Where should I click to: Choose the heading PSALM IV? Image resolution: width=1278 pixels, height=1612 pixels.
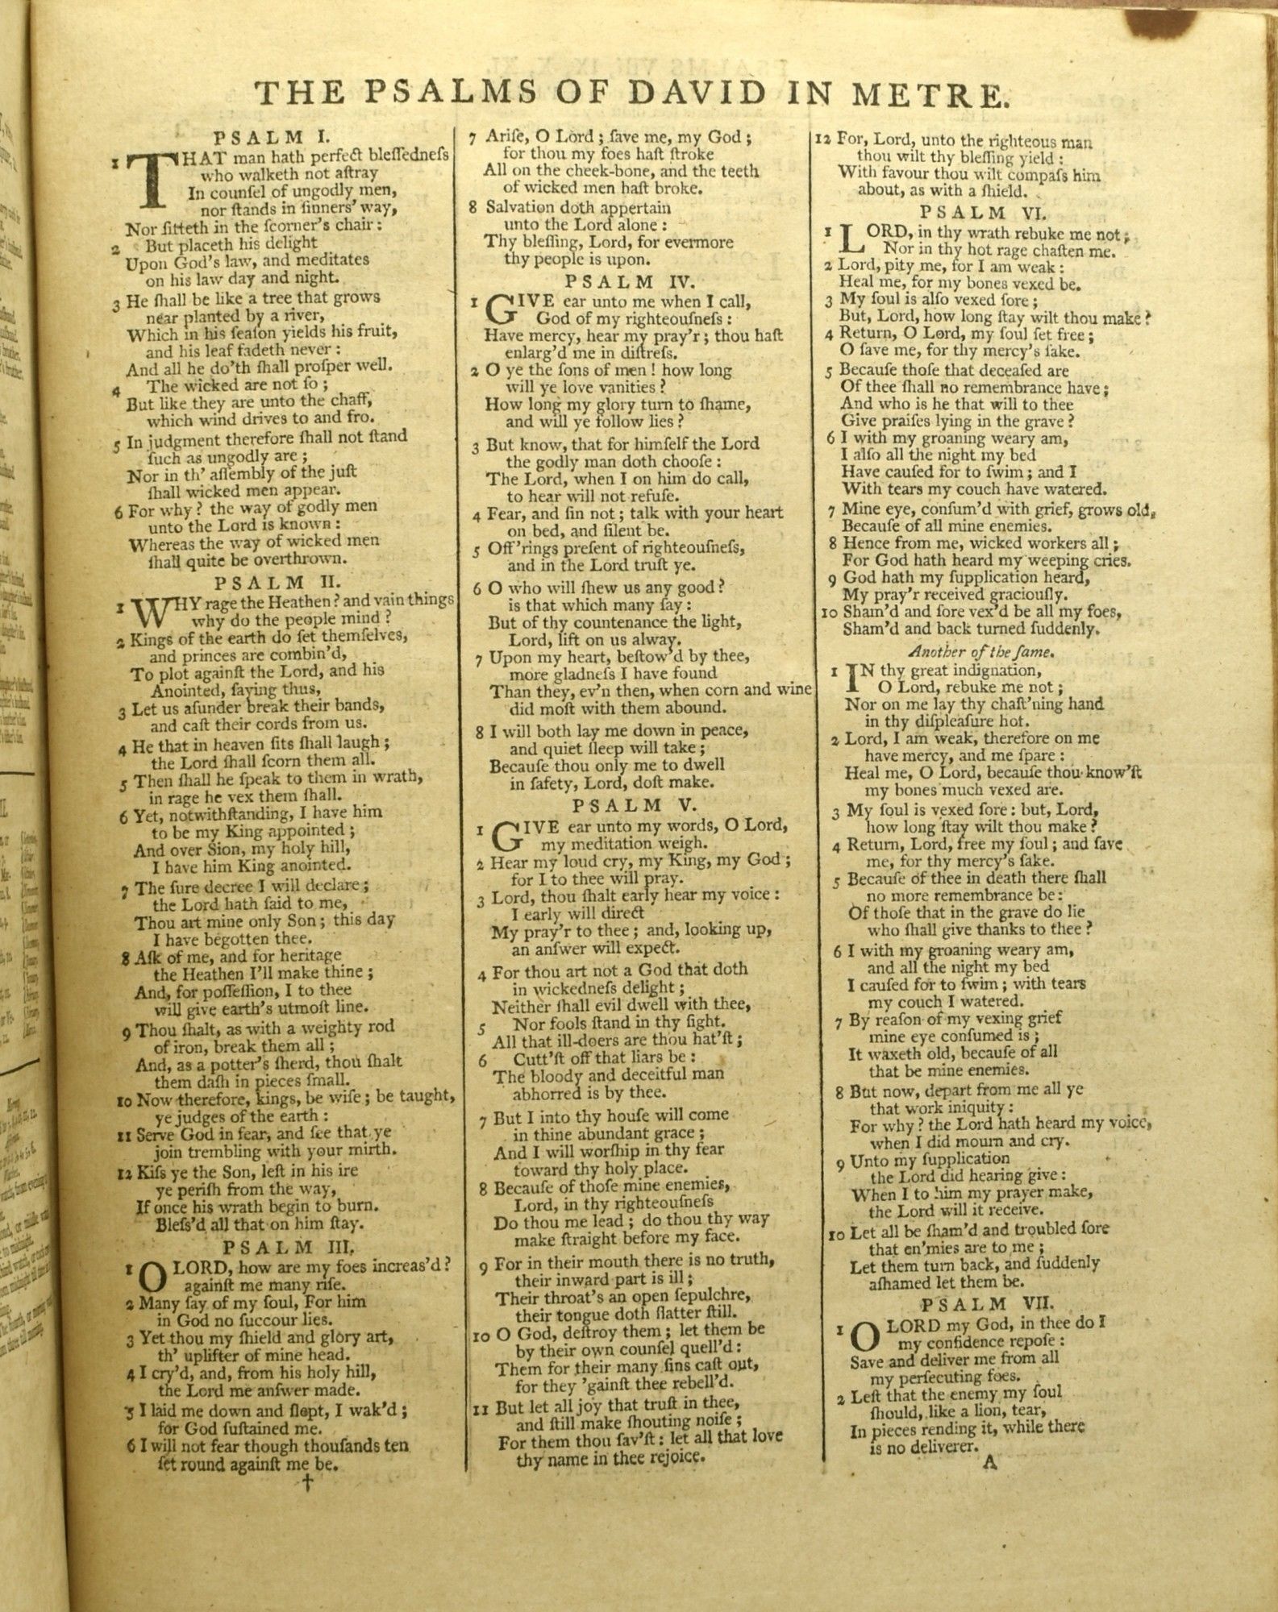621,281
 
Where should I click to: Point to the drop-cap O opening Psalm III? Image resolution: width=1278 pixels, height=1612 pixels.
153,1275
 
